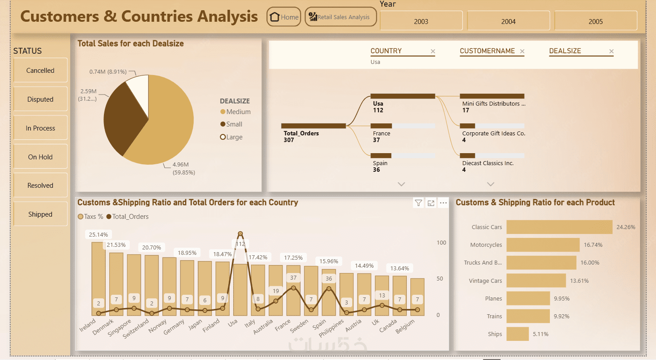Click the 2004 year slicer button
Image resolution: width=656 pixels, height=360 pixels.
[508, 21]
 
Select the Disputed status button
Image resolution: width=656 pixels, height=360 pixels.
[40, 99]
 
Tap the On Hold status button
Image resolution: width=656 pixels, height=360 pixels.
[40, 157]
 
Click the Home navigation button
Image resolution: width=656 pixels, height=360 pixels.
[284, 17]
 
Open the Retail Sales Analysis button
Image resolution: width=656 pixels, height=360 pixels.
[341, 17]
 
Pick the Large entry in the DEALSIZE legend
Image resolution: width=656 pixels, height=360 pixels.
[231, 137]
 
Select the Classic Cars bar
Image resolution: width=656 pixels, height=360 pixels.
[559, 227]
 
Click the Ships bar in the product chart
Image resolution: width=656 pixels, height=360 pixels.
[518, 334]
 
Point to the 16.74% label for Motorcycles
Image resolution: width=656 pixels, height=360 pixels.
[593, 245]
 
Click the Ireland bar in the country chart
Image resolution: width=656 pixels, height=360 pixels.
[99, 279]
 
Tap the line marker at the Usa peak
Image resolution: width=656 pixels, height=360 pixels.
[240, 233]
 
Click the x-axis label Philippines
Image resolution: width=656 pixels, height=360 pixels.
[331, 328]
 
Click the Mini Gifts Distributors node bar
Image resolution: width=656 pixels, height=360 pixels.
[492, 96]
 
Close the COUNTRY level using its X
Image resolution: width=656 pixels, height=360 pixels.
[433, 51]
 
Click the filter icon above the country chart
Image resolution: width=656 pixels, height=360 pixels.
[418, 202]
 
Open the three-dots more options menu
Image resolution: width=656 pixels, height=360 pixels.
[443, 202]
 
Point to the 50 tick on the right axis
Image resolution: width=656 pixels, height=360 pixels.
[440, 279]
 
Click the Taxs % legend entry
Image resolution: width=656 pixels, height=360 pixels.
[91, 217]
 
